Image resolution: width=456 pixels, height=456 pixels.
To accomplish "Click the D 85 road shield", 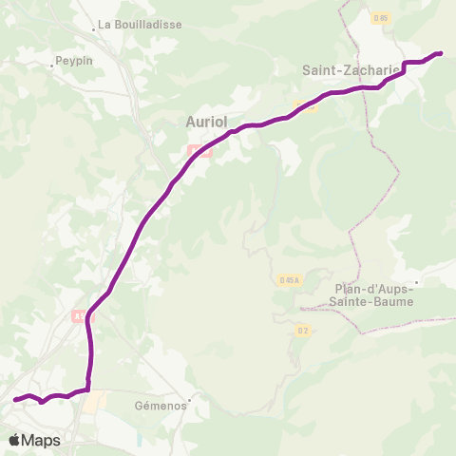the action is tap(381, 17).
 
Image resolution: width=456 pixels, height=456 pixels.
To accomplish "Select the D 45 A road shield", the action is tap(290, 279).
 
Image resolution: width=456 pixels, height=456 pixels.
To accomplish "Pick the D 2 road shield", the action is tap(302, 331).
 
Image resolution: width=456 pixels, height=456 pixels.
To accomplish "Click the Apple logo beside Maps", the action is tap(15, 440).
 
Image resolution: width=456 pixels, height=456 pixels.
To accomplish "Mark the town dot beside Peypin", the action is tap(52, 66).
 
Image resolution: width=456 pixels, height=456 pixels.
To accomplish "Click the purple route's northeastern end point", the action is tap(440, 53).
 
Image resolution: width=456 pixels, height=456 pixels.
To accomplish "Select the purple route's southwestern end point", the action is tap(15, 400).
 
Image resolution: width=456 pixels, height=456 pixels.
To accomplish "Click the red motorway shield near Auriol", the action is tap(199, 150).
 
